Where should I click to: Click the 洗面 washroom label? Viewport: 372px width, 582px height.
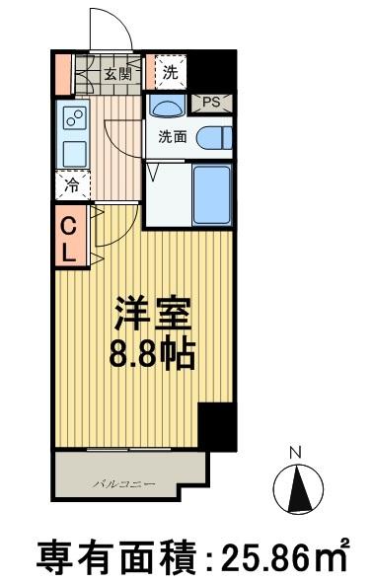pos(173,137)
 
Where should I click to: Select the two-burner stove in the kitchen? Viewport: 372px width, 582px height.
pos(72,118)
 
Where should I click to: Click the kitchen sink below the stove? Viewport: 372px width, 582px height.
pos(72,153)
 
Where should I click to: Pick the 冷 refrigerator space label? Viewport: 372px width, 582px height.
pos(72,184)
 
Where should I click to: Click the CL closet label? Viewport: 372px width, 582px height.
pos(69,238)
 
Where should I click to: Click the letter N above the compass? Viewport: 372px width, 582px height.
pos(294,453)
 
